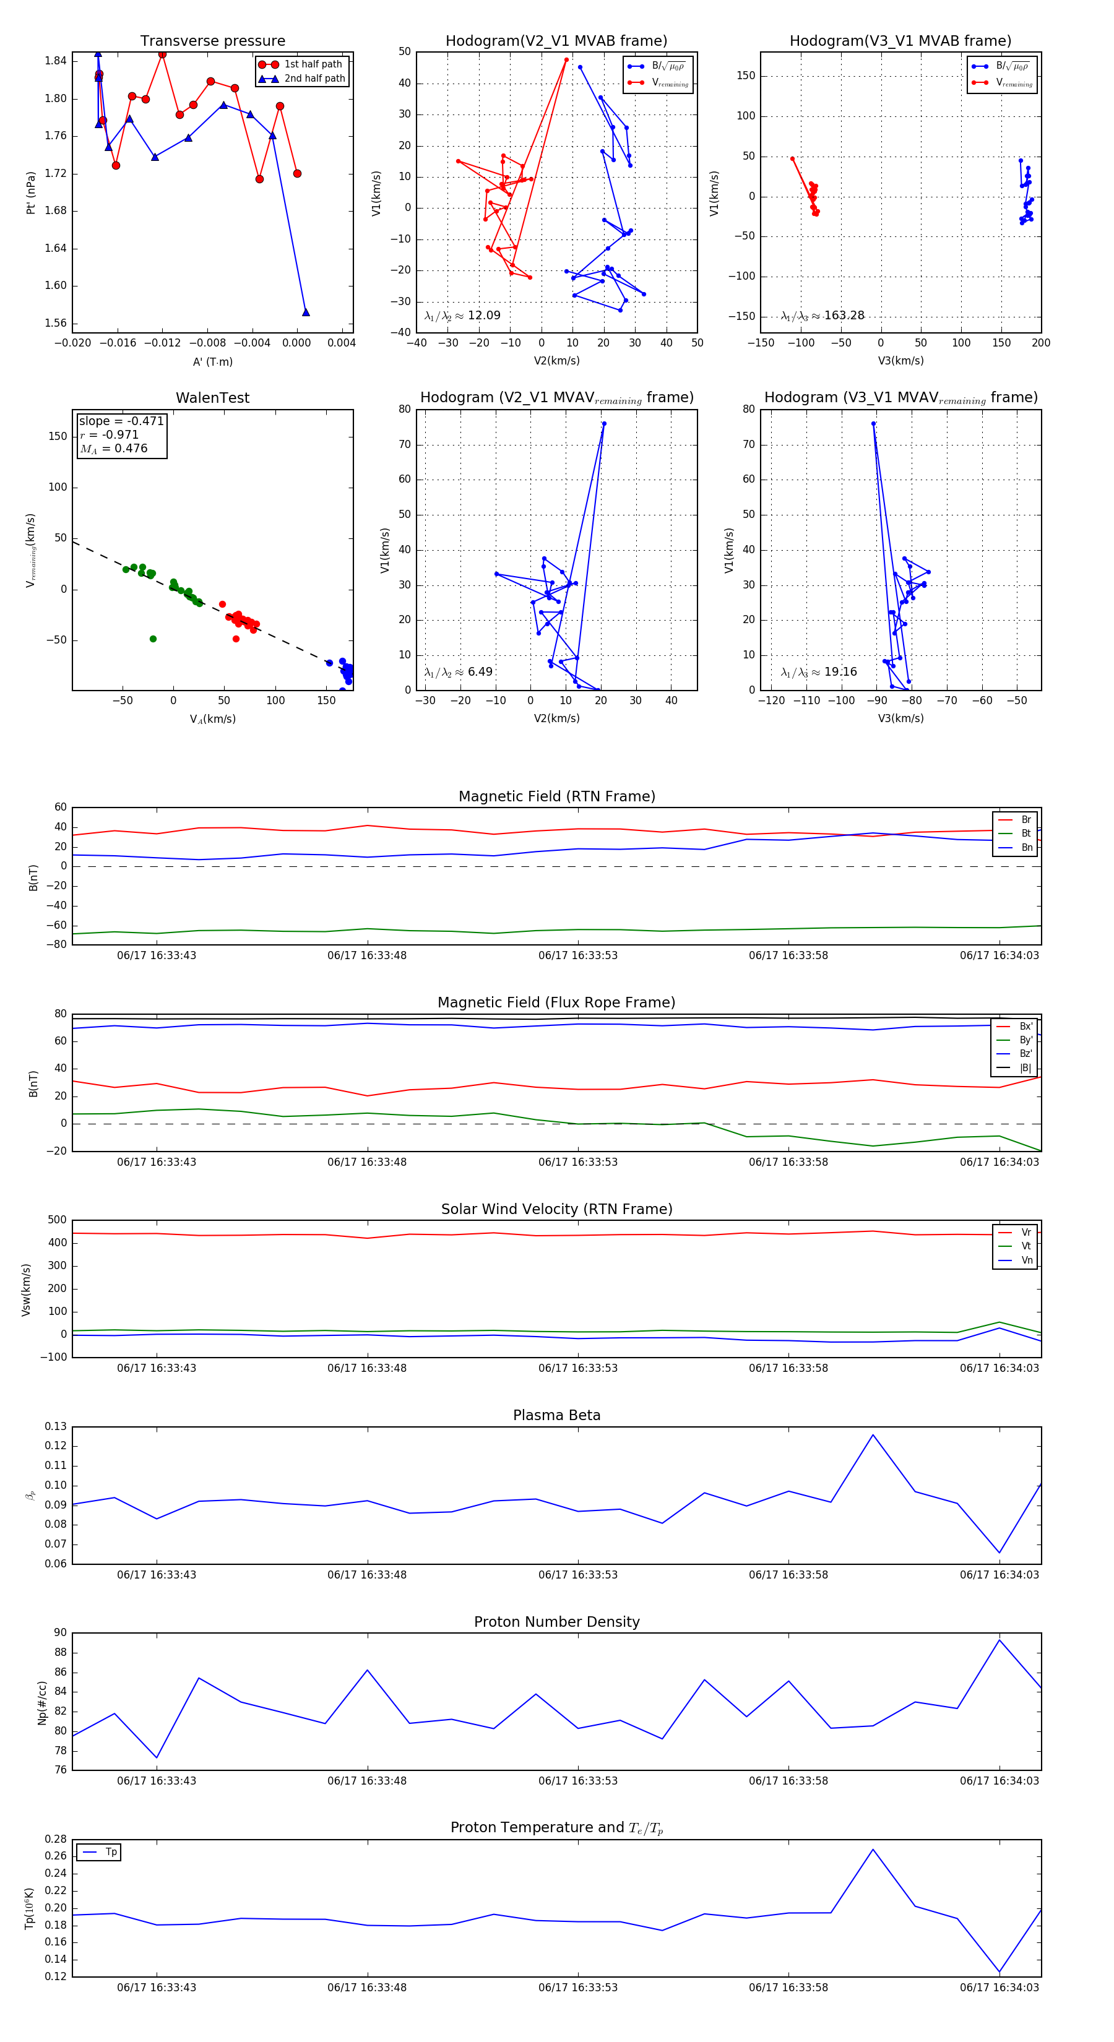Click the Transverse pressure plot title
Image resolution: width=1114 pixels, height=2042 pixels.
tap(212, 41)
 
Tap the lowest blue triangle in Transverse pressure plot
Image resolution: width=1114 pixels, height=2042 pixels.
tap(306, 312)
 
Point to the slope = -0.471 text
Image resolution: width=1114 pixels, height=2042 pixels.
tap(121, 421)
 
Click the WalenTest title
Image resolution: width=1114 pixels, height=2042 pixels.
tap(212, 398)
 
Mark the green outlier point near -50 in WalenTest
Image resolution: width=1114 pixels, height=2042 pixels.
tap(153, 639)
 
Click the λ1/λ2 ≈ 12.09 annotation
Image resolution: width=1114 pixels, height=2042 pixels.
tap(462, 316)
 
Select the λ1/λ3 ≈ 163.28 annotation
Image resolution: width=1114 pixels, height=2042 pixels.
tap(823, 316)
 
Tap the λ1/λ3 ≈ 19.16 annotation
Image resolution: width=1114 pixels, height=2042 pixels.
tap(818, 672)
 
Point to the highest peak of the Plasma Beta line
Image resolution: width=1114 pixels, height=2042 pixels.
tap(873, 1435)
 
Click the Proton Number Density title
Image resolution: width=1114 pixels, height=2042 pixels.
tap(556, 1622)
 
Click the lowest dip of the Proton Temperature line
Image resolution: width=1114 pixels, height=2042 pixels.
tap(999, 1972)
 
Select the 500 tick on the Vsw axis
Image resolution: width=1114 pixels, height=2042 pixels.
tap(56, 1220)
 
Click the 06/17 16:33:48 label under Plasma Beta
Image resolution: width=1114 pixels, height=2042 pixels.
tap(367, 1574)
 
